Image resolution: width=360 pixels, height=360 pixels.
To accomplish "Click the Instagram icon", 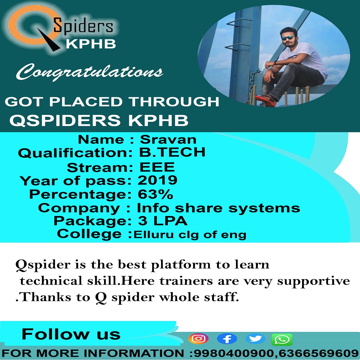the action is [198, 339].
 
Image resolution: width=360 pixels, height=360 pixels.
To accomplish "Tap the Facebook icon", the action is [227, 339].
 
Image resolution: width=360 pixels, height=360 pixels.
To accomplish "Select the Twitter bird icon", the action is [255, 339].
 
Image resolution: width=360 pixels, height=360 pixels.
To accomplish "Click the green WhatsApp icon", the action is [282, 339].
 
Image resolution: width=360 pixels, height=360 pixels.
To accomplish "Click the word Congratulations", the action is [90, 72].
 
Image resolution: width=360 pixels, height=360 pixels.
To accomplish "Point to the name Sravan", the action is [168, 139].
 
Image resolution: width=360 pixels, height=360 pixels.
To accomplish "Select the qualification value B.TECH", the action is [172, 152].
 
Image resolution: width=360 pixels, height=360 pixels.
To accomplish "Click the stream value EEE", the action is [157, 167].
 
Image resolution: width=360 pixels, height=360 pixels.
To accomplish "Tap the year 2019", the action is [157, 180].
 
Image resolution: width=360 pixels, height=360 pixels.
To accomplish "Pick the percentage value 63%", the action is [155, 194].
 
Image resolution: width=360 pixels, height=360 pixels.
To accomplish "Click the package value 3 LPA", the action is [163, 221].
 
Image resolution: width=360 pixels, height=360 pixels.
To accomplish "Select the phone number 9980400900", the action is [234, 353].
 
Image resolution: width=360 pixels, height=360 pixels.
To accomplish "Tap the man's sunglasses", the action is [288, 38].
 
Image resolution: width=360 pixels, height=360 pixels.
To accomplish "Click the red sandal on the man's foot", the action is [265, 101].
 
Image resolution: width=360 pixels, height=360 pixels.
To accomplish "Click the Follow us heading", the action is [71, 334].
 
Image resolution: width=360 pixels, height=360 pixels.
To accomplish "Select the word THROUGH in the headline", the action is [174, 101].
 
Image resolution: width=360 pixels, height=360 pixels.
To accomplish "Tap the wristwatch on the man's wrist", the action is [275, 63].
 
